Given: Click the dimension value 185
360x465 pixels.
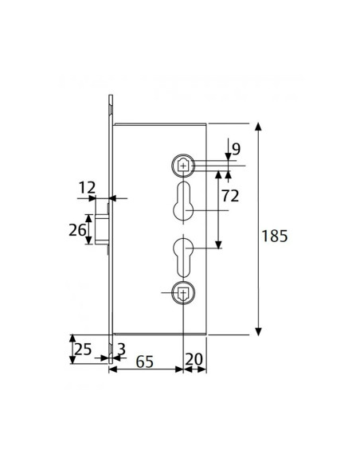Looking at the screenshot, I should pyautogui.click(x=274, y=236).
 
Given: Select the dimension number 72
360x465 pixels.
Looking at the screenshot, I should pyautogui.click(x=232, y=195).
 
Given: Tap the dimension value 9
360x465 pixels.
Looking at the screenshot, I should pyautogui.click(x=237, y=147).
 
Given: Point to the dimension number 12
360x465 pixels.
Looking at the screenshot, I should pyautogui.click(x=88, y=187).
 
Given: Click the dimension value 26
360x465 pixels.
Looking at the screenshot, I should pyautogui.click(x=76, y=230).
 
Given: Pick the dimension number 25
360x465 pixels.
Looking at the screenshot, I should pyautogui.click(x=83, y=349).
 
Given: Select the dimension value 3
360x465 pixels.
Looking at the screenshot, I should pyautogui.click(x=121, y=348).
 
